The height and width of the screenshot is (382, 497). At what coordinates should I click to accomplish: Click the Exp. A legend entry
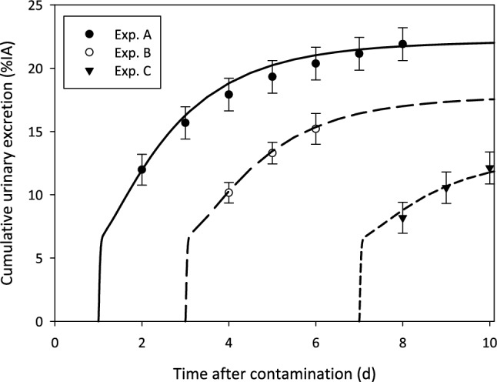105,35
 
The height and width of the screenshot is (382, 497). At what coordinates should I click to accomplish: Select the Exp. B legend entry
105,55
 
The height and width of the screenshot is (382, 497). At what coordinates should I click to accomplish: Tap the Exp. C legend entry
105,76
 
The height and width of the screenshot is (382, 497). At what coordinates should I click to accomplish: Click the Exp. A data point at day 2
142,169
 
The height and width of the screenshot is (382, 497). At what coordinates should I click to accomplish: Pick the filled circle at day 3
185,122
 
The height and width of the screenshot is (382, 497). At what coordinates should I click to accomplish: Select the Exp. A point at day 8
402,44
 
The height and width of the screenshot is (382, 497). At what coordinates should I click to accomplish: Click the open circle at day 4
228,193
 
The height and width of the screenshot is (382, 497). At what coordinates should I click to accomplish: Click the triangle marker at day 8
402,218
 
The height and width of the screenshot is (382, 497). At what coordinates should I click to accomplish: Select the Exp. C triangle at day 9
445,188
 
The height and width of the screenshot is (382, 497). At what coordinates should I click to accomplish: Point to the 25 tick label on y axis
35,5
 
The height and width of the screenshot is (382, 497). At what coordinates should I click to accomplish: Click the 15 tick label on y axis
35,132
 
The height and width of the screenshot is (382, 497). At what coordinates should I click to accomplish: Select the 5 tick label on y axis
38,258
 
